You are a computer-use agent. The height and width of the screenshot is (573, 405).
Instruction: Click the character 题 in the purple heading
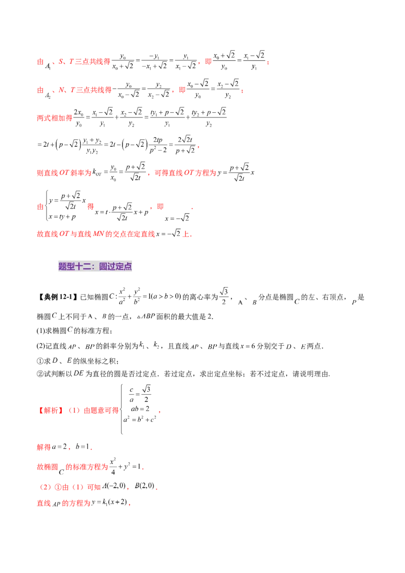point(63,267)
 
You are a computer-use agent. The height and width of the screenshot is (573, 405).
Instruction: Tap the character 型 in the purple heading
point(71,267)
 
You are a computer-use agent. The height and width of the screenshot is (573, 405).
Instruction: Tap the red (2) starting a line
point(43,488)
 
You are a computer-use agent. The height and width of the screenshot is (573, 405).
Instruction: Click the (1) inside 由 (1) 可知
point(76,488)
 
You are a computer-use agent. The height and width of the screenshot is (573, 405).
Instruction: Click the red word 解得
point(44,448)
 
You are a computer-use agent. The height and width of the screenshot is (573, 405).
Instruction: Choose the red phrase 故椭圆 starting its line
point(46,466)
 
